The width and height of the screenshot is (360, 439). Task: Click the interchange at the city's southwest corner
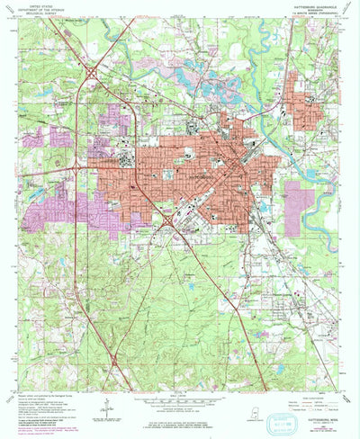click(x=167, y=215)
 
